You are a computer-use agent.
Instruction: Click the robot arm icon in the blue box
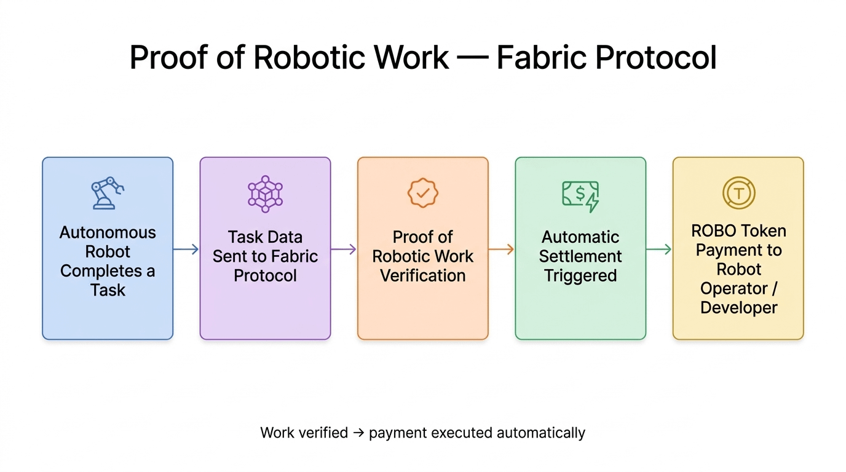point(107,193)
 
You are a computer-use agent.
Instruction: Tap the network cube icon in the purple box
point(265,194)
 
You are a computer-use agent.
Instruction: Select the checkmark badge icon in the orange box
point(423,193)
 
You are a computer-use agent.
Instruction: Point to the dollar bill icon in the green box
point(580,195)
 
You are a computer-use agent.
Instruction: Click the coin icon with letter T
point(738,193)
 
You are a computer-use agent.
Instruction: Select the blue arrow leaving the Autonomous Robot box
point(186,249)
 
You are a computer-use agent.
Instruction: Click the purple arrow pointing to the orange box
point(344,249)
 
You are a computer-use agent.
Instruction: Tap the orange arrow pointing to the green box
point(501,249)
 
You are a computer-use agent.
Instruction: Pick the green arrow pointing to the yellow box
point(659,249)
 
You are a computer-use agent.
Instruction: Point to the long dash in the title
point(472,58)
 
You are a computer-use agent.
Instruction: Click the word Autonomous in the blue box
point(108,233)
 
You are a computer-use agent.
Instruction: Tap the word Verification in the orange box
point(423,275)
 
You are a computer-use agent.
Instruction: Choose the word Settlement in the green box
point(580,256)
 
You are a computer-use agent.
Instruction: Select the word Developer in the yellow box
point(738,307)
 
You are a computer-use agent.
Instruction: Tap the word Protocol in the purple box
point(265,275)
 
